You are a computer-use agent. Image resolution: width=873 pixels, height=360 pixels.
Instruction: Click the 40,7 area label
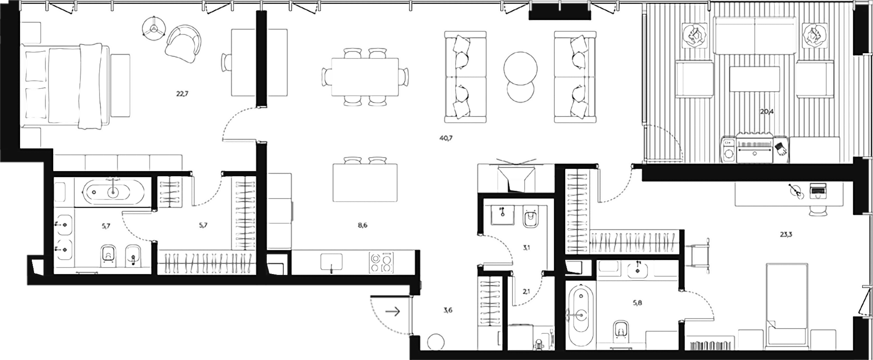coord(446,138)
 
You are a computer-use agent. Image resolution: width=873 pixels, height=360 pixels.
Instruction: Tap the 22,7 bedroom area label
coord(182,93)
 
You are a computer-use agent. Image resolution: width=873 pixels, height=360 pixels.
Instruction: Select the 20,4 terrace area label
coord(766,111)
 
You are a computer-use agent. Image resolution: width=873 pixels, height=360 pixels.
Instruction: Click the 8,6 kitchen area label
coord(362,226)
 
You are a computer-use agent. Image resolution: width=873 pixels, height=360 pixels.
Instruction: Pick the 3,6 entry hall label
coord(448,311)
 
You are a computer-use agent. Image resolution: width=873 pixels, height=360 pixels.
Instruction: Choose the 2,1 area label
coord(526,291)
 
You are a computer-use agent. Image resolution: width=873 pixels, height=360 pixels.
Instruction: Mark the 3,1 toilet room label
coord(526,248)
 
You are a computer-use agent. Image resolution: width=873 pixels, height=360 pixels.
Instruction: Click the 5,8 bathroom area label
coord(637,302)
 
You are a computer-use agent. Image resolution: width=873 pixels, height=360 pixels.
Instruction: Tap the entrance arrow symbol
coord(393,312)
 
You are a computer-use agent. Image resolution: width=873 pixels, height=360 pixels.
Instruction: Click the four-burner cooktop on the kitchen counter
coord(381,263)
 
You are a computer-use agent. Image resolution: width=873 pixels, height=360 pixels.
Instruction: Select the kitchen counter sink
coord(331,262)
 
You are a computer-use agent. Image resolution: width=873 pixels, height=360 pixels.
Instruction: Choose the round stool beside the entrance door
coord(435,342)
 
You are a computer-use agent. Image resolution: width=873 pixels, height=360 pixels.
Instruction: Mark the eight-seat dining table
coord(365,77)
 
